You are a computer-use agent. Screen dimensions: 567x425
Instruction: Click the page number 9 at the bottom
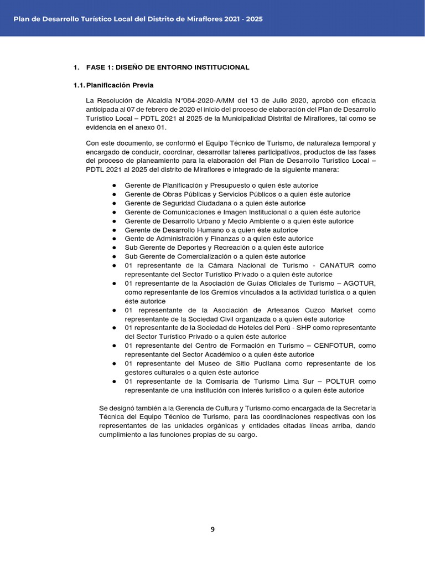tap(212, 529)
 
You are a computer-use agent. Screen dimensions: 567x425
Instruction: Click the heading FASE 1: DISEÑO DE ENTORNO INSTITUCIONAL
tap(168, 68)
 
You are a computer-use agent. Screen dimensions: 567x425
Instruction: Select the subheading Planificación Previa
tap(120, 85)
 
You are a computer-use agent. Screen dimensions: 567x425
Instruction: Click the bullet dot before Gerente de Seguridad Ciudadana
tap(114, 203)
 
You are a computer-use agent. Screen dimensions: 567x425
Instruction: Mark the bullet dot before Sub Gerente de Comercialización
tap(114, 256)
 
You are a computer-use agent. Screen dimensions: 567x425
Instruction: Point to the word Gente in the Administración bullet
tap(134, 239)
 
